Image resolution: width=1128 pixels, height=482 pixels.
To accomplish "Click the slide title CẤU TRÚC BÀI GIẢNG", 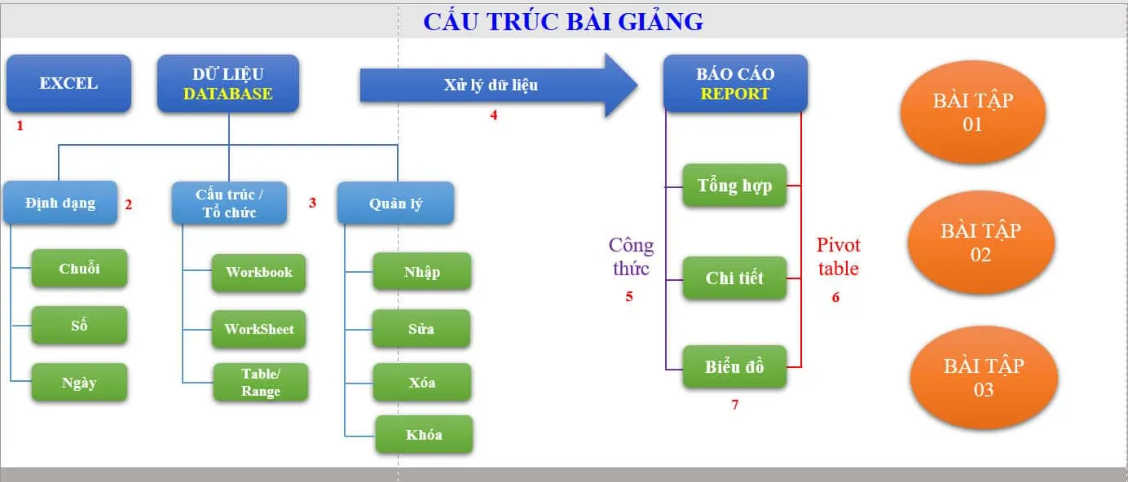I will click(562, 21).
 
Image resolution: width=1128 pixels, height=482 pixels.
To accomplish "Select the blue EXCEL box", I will click(68, 83).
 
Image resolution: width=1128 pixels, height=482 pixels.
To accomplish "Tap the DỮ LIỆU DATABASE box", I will click(228, 83).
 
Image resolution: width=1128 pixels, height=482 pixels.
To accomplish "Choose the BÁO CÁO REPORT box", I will click(735, 83).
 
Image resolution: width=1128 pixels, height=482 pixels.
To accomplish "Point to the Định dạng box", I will click(59, 203).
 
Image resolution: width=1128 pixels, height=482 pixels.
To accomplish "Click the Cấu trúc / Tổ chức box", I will click(229, 203).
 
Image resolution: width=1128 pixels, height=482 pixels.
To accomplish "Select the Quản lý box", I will click(395, 203).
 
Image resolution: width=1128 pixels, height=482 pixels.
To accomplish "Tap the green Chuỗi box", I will click(79, 269).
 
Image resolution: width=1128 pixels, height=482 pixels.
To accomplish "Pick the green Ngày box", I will click(79, 383).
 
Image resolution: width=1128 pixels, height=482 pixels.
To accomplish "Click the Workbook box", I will click(258, 272).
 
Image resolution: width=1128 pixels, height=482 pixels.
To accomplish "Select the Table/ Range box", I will click(261, 383).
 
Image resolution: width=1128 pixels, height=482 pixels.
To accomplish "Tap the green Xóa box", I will click(421, 383).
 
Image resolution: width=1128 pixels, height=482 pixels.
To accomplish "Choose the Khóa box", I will click(424, 434).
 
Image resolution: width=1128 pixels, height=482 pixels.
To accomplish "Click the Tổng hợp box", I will click(734, 186).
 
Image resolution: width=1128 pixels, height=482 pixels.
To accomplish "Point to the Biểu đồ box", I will click(734, 366).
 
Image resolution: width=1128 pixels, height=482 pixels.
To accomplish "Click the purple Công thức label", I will click(631, 256).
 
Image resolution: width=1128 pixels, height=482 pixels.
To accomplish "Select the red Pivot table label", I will click(839, 256).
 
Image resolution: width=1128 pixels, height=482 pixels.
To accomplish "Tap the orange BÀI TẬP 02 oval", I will click(980, 243).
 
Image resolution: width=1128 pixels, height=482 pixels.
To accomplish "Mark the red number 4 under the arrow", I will click(493, 115).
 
